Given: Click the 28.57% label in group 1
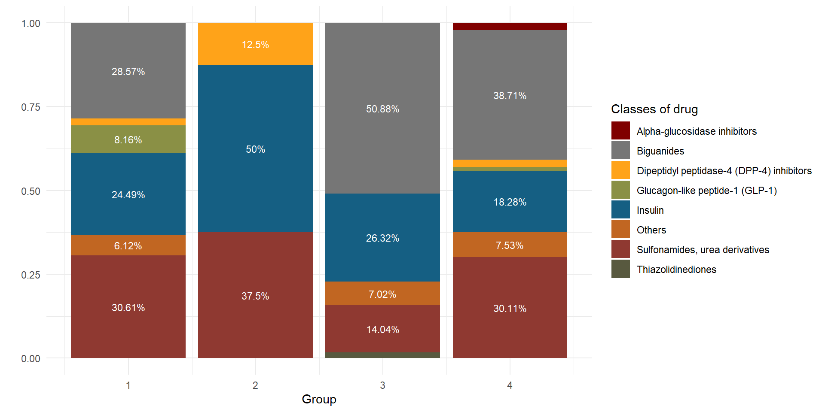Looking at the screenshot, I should coord(128,72).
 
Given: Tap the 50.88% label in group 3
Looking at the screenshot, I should coord(382,109).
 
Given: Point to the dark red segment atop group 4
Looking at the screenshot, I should coord(510,26).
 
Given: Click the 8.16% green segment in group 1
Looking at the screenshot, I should coord(128,139).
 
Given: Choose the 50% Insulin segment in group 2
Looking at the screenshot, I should coord(255,149).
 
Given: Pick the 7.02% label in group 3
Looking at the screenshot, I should coord(382,294).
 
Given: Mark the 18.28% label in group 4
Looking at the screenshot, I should coord(510,202).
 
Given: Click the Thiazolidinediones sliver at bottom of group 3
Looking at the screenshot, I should coord(382,355).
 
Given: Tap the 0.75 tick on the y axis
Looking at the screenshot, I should coord(31,107).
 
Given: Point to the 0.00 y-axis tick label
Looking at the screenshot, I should coord(31,358).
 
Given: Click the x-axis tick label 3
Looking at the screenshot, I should coord(382,385).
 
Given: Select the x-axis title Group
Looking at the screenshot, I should coord(319,399).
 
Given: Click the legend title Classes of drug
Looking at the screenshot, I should coord(654,109).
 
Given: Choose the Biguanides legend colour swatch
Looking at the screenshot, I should coord(620,151).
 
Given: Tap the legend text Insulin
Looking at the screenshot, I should coord(650,210).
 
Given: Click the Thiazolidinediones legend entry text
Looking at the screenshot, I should coord(676,270).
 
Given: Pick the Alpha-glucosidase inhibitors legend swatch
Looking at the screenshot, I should coord(620,131).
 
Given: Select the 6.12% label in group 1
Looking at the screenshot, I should coord(128,246).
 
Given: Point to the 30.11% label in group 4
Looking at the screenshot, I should coord(510,309).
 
